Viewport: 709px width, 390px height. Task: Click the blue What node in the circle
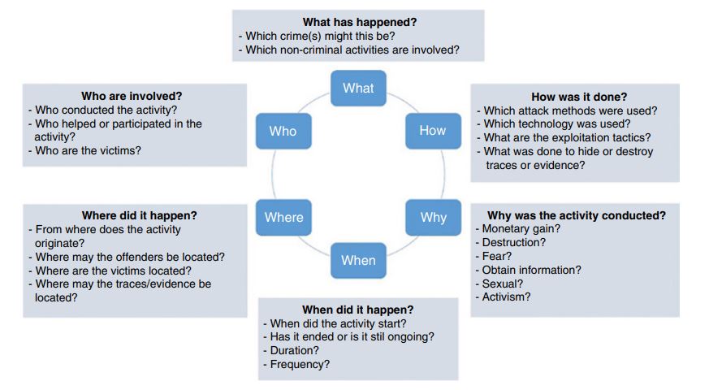(357, 89)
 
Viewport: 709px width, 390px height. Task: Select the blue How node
(432, 131)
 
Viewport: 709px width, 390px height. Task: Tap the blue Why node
(433, 217)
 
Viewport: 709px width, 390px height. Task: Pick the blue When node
(358, 260)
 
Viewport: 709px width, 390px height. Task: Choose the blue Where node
(283, 217)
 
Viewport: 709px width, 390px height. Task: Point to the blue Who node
(283, 131)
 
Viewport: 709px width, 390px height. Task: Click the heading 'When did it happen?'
(357, 310)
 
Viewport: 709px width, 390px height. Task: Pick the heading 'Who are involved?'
(132, 97)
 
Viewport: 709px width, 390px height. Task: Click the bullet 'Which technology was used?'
(553, 124)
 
